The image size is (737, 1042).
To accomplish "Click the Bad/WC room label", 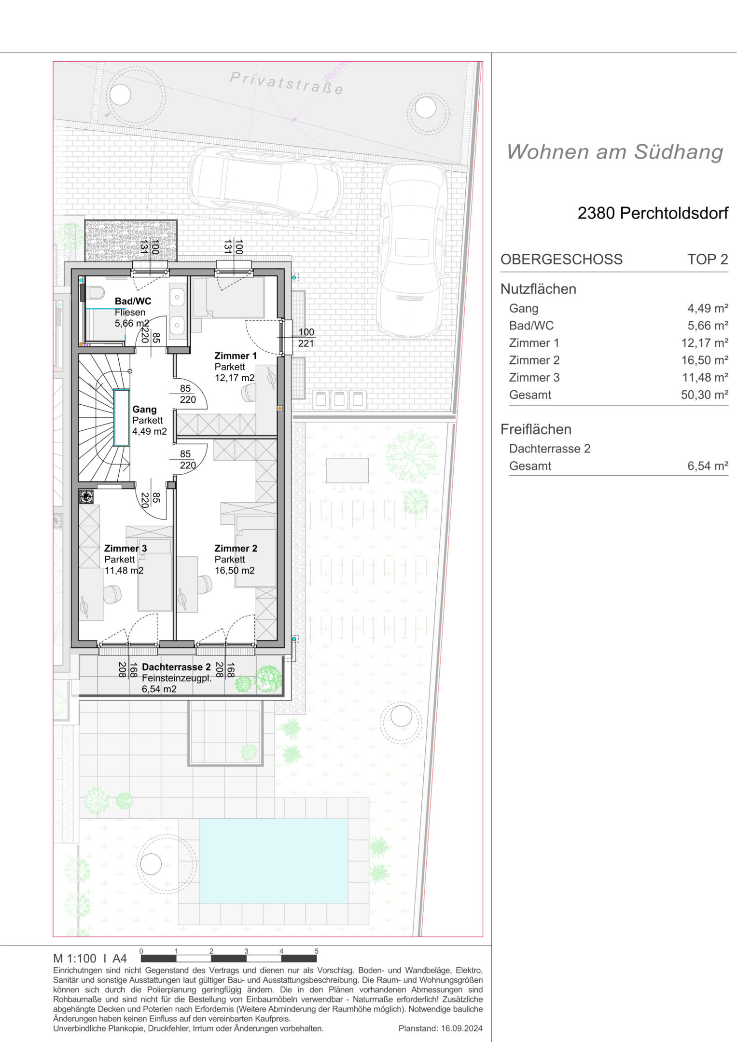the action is coord(133,301).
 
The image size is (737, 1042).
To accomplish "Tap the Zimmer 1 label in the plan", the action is coord(236,356).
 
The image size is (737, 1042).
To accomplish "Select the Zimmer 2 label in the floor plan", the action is coord(236,548).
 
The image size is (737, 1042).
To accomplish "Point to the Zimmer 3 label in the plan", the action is coord(125,548).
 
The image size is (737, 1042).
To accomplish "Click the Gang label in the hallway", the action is coord(144,409).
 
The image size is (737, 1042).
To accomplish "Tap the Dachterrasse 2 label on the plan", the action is coord(176,667).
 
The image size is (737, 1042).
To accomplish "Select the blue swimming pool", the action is coord(273,860).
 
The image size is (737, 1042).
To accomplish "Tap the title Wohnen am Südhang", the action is coord(615,151).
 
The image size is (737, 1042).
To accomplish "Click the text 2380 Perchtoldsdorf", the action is coord(653,213).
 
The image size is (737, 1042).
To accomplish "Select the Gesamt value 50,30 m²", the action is coord(705,395).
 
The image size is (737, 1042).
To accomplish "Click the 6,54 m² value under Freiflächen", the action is coord(708,466).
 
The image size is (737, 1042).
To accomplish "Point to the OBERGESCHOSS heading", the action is coord(561,259).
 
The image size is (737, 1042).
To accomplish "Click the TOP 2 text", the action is coord(708,259).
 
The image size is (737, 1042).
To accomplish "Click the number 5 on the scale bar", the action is coord(317,951).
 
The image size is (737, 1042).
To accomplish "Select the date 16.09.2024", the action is coord(461,1028).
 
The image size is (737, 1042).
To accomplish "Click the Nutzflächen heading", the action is coord(538,288).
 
